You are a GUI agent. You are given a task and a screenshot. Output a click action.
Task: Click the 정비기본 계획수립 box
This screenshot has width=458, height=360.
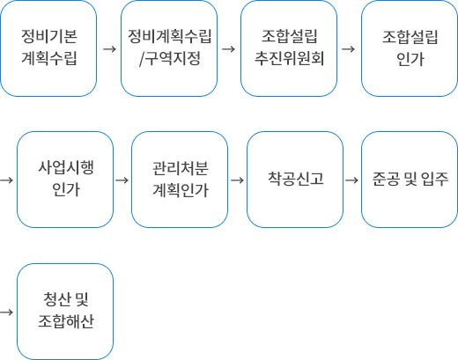pos(48,48)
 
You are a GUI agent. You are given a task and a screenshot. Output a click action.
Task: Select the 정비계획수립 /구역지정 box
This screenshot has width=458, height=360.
pos(169,48)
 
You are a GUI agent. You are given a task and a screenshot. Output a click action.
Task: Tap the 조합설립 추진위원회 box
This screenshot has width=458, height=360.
pos(289,48)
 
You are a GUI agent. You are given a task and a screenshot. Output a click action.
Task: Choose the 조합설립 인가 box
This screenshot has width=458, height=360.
pos(410,48)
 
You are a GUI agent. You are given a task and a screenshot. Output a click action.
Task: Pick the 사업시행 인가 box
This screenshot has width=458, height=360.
pos(65,180)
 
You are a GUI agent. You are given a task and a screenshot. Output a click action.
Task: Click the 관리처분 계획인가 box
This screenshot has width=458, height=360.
pos(180,180)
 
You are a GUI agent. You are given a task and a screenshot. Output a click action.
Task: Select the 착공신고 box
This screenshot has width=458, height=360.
pos(295,180)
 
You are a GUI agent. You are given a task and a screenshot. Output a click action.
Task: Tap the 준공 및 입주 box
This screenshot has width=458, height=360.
pos(410,180)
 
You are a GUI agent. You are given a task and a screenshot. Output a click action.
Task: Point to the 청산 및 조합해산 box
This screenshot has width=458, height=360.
pos(65,312)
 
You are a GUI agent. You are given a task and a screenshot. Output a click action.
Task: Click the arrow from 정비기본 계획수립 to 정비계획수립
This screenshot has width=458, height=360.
pos(109,49)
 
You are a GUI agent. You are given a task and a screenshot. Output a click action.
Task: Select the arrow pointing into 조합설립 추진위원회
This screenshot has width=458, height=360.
pos(229,49)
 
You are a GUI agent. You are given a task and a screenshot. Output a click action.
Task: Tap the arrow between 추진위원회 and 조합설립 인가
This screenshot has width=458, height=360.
pos(349,49)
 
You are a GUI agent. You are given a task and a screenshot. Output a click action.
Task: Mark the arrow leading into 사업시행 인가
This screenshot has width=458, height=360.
pos(7,180)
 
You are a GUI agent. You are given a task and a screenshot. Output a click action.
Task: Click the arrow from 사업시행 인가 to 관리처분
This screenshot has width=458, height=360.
pos(122,180)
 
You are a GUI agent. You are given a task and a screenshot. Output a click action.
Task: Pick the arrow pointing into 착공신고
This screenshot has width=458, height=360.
pos(238,180)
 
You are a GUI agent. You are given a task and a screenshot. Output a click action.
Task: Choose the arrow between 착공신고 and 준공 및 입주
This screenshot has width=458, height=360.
pos(352,180)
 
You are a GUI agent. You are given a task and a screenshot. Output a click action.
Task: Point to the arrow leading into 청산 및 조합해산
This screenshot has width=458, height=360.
pos(7,312)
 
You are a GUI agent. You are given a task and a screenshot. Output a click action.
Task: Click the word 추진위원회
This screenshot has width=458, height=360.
pos(289,58)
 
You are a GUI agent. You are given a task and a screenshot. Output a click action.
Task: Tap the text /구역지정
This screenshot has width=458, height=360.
pos(170,58)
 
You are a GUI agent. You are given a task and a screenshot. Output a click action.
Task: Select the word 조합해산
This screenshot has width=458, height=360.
pos(66,321)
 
